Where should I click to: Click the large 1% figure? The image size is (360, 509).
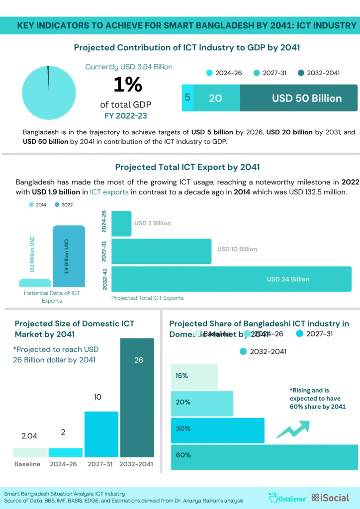pos(128,85)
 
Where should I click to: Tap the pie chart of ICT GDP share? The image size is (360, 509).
pos(49,92)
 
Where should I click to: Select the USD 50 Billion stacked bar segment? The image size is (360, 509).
pos(298,98)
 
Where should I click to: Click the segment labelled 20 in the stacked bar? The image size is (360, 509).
pos(216,98)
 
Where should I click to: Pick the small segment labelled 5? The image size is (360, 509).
pos(187,98)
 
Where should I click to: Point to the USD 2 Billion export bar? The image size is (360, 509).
pos(121,223)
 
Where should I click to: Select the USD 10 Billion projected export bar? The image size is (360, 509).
pos(162,251)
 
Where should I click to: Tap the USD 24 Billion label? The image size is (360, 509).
pos(288,279)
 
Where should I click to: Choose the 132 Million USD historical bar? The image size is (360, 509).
pos(35,282)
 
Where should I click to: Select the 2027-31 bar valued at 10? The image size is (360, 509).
pos(101,433)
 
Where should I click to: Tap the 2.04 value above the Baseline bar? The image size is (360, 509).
pos(29,436)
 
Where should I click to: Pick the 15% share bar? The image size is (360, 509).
pos(194,377)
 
